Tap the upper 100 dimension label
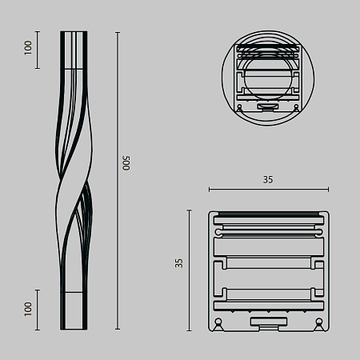pyautogui.click(x=28, y=49)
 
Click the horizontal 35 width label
pyautogui.click(x=268, y=180)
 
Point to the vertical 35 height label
pyautogui.click(x=179, y=262)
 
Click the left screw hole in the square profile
pyautogui.click(x=218, y=324)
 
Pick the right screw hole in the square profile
pyautogui.click(x=319, y=324)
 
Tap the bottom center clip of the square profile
pyautogui.click(x=268, y=322)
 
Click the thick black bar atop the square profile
pyautogui.click(x=268, y=214)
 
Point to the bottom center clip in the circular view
pyautogui.click(x=268, y=104)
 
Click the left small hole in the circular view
pyautogui.click(x=240, y=106)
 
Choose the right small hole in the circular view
pyautogui.click(x=296, y=106)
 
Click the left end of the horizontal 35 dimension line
pyautogui.click(x=209, y=190)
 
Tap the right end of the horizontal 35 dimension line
pyautogui.click(x=328, y=190)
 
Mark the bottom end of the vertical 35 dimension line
pyautogui.click(x=189, y=330)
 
